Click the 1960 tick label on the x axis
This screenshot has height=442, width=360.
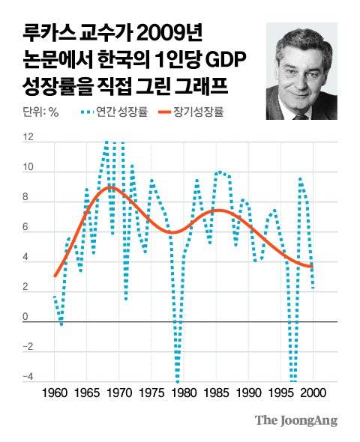coord(55,393)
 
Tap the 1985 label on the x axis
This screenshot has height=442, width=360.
coord(218,393)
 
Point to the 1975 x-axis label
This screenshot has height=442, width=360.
coord(153,393)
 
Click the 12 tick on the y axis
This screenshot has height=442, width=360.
coord(28,139)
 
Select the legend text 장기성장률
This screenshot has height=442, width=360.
coord(202,113)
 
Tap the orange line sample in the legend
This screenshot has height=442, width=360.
coord(161,113)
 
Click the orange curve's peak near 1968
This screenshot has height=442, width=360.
coord(110,187)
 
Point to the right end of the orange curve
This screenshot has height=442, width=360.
coord(312,267)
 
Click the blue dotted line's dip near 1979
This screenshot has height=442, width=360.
coord(177,379)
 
